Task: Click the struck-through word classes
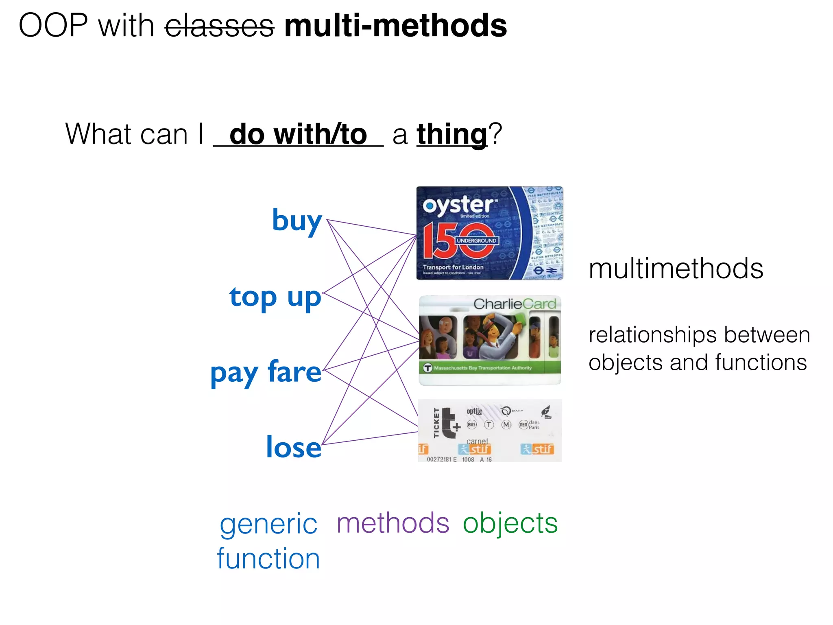tap(219, 26)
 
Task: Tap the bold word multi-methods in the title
tap(395, 26)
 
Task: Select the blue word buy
tap(297, 221)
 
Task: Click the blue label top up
tap(275, 297)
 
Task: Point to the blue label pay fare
tap(266, 372)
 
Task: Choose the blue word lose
tap(294, 447)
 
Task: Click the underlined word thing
tap(452, 134)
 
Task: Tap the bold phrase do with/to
tap(298, 134)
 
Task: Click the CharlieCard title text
tap(515, 304)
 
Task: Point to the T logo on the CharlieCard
tap(427, 368)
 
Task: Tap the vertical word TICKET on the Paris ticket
tap(436, 423)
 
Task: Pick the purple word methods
tap(393, 523)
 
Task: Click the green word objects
tap(510, 523)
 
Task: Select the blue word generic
tap(268, 524)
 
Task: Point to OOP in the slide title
tap(53, 26)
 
